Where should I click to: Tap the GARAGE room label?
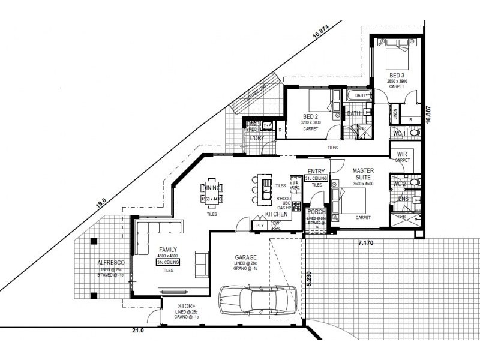[x=246, y=257]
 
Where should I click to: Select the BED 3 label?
[x=397, y=75]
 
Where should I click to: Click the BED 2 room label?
[x=310, y=116]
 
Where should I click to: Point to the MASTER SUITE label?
[x=364, y=174]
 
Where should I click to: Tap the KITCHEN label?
[x=276, y=214]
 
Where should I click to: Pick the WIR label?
[x=401, y=154]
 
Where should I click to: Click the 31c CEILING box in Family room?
[x=168, y=262]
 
